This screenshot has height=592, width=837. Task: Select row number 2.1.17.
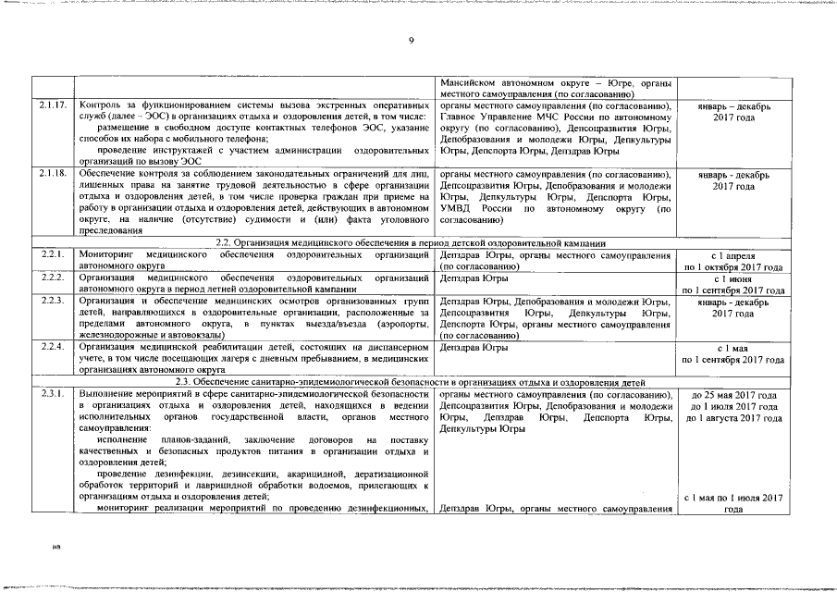(x=53, y=105)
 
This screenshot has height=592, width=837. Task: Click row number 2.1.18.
(x=53, y=173)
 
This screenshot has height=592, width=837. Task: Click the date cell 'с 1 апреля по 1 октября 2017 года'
(x=733, y=260)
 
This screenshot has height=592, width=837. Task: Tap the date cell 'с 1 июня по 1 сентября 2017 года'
(x=733, y=283)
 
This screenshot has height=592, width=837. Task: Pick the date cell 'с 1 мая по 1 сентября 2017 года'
(x=733, y=353)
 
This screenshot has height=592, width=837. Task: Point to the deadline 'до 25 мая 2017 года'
(x=733, y=395)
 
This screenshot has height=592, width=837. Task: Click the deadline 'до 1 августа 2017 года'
(x=733, y=419)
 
